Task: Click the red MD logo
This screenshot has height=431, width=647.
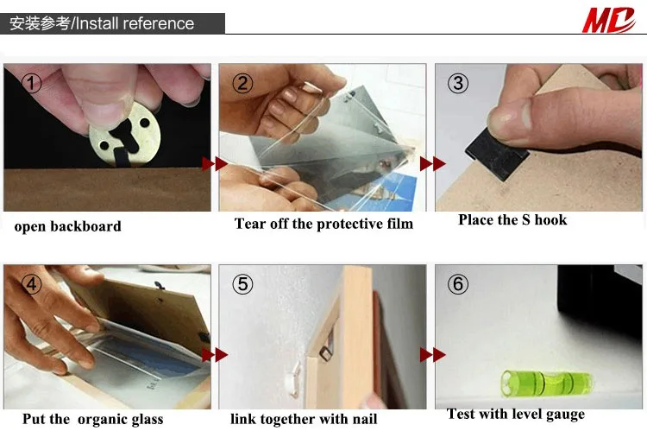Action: [x=608, y=19]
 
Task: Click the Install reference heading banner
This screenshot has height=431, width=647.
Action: [x=112, y=23]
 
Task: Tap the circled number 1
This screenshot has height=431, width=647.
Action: [x=31, y=83]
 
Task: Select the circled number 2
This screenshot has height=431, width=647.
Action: [x=242, y=83]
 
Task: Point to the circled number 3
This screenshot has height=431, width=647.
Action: [x=458, y=83]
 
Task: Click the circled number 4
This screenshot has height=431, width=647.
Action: [x=31, y=284]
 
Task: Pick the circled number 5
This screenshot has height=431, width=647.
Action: [x=242, y=284]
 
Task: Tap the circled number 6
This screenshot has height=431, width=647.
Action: [x=458, y=284]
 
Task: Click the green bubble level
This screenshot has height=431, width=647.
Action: [x=547, y=383]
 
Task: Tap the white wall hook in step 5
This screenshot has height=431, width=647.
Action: [x=294, y=379]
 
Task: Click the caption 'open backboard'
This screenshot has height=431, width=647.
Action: [x=67, y=226]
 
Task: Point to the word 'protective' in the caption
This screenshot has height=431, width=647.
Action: [x=349, y=224]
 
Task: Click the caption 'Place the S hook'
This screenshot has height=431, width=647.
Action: [x=512, y=220]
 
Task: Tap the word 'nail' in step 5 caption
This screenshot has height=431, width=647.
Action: [x=365, y=419]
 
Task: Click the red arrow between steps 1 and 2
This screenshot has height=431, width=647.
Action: [x=215, y=163]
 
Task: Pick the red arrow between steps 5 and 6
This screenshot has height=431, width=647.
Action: [x=432, y=354]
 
